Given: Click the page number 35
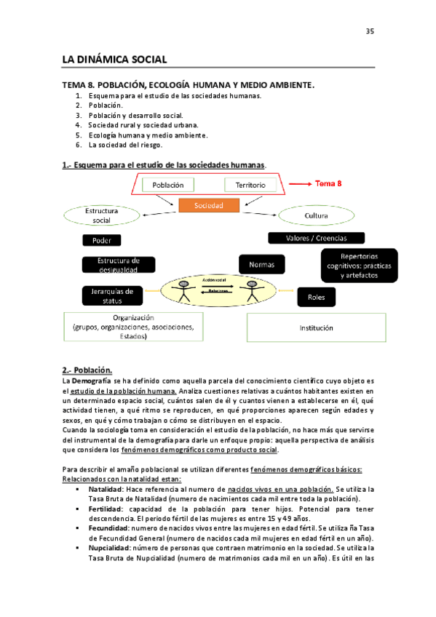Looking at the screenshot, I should [369, 31].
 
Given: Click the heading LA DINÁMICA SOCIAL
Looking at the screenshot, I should [114, 58].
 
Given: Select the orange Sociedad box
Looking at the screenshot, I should [209, 206].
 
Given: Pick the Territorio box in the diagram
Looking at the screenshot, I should [250, 186].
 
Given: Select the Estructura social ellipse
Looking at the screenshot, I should [102, 215].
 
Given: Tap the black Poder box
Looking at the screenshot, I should [102, 240].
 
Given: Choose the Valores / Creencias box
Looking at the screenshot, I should [317, 238].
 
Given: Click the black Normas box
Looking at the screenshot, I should [261, 265].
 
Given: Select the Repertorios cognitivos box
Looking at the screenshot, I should [359, 266].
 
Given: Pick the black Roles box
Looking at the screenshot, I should [316, 297].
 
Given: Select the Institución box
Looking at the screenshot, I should [316, 328].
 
